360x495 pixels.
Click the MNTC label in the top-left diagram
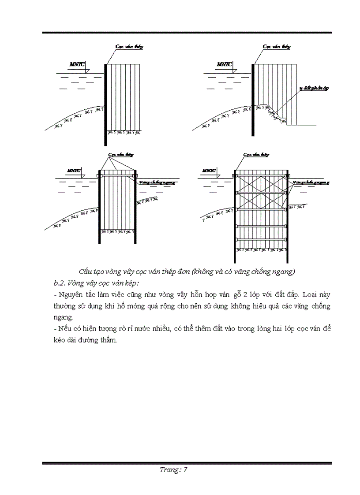click(x=77, y=65)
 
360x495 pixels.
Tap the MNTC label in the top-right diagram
click(x=224, y=65)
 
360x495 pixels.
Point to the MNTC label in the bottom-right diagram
click(x=208, y=171)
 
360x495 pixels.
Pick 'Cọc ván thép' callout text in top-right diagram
click(x=277, y=46)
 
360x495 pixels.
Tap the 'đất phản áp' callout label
click(x=314, y=88)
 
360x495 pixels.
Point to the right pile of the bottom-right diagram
click(x=288, y=216)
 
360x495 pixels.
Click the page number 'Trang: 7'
click(x=173, y=470)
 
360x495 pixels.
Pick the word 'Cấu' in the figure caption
click(x=87, y=271)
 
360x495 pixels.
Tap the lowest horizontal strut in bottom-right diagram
click(x=261, y=239)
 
